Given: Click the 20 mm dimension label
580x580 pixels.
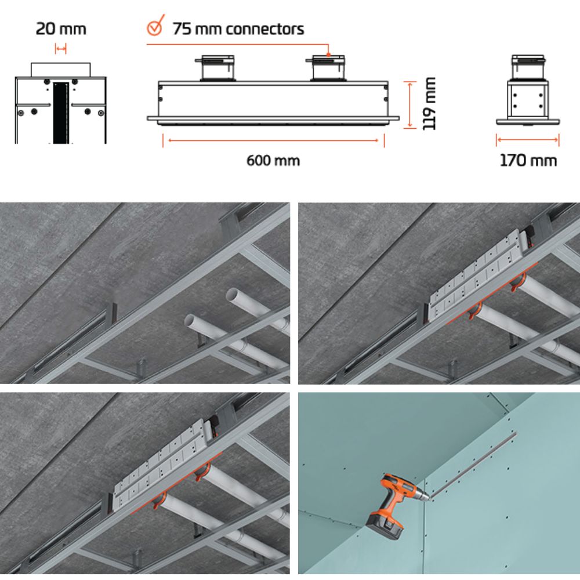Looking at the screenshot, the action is coord(61,29).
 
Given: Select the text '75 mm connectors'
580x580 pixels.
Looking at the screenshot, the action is coord(238,29).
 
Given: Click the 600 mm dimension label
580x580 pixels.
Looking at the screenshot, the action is coord(273,161).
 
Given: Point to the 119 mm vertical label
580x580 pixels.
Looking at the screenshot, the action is coord(429,104).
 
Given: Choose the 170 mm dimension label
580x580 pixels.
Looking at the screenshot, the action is coord(528,161).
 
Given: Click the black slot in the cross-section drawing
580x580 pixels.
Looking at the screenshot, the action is coord(61,113).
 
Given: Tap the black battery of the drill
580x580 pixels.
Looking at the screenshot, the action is coord(385,525).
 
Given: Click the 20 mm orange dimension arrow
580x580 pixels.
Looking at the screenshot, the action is coord(61,49).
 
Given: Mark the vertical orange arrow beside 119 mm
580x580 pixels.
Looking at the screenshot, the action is coord(410,105).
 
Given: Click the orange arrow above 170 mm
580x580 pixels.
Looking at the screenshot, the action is coord(528,140).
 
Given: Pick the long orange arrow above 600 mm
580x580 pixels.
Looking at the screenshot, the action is coord(273,140).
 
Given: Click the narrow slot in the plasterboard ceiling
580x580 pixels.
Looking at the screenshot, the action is coord(474,465).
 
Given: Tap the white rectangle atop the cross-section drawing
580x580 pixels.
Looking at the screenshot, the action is coord(61,70).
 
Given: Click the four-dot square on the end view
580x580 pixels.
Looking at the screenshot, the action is coord(528,100).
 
